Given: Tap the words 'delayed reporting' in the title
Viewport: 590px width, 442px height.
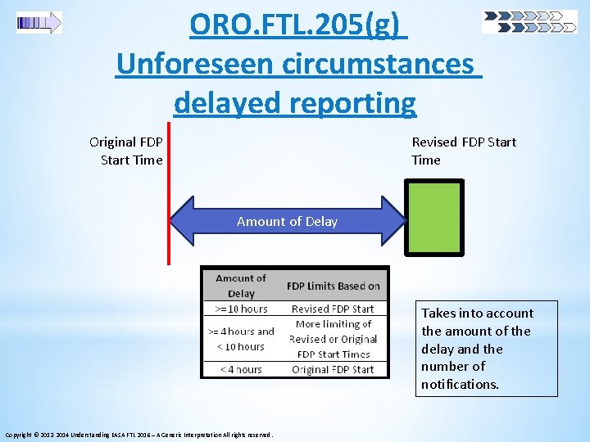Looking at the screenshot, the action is point(295,103).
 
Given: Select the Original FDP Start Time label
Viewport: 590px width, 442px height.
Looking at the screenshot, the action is point(127,151).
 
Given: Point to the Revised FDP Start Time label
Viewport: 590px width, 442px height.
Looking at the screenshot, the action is point(463,151).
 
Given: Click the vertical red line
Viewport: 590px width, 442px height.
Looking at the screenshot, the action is point(168,196).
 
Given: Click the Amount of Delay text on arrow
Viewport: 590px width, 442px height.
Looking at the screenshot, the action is point(287,221).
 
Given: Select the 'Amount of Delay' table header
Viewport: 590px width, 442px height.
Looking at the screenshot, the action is point(241,286).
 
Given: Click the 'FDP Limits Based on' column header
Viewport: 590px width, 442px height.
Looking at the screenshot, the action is point(333,286).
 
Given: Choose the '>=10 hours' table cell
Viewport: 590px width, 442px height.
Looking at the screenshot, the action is point(241,309).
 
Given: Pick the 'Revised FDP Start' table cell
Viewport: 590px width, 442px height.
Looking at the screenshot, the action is point(333,309).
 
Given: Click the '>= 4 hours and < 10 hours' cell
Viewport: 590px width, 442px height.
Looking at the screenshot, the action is point(241,339).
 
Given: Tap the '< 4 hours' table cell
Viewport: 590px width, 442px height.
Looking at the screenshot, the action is point(241,369).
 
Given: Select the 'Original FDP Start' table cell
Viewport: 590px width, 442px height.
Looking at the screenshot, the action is point(333,369).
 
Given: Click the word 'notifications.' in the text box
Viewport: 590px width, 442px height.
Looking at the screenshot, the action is point(460,384).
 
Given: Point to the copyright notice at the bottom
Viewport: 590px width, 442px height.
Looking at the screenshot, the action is point(138,434).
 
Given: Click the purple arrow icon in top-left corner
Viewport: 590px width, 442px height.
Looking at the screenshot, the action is point(39,23).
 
